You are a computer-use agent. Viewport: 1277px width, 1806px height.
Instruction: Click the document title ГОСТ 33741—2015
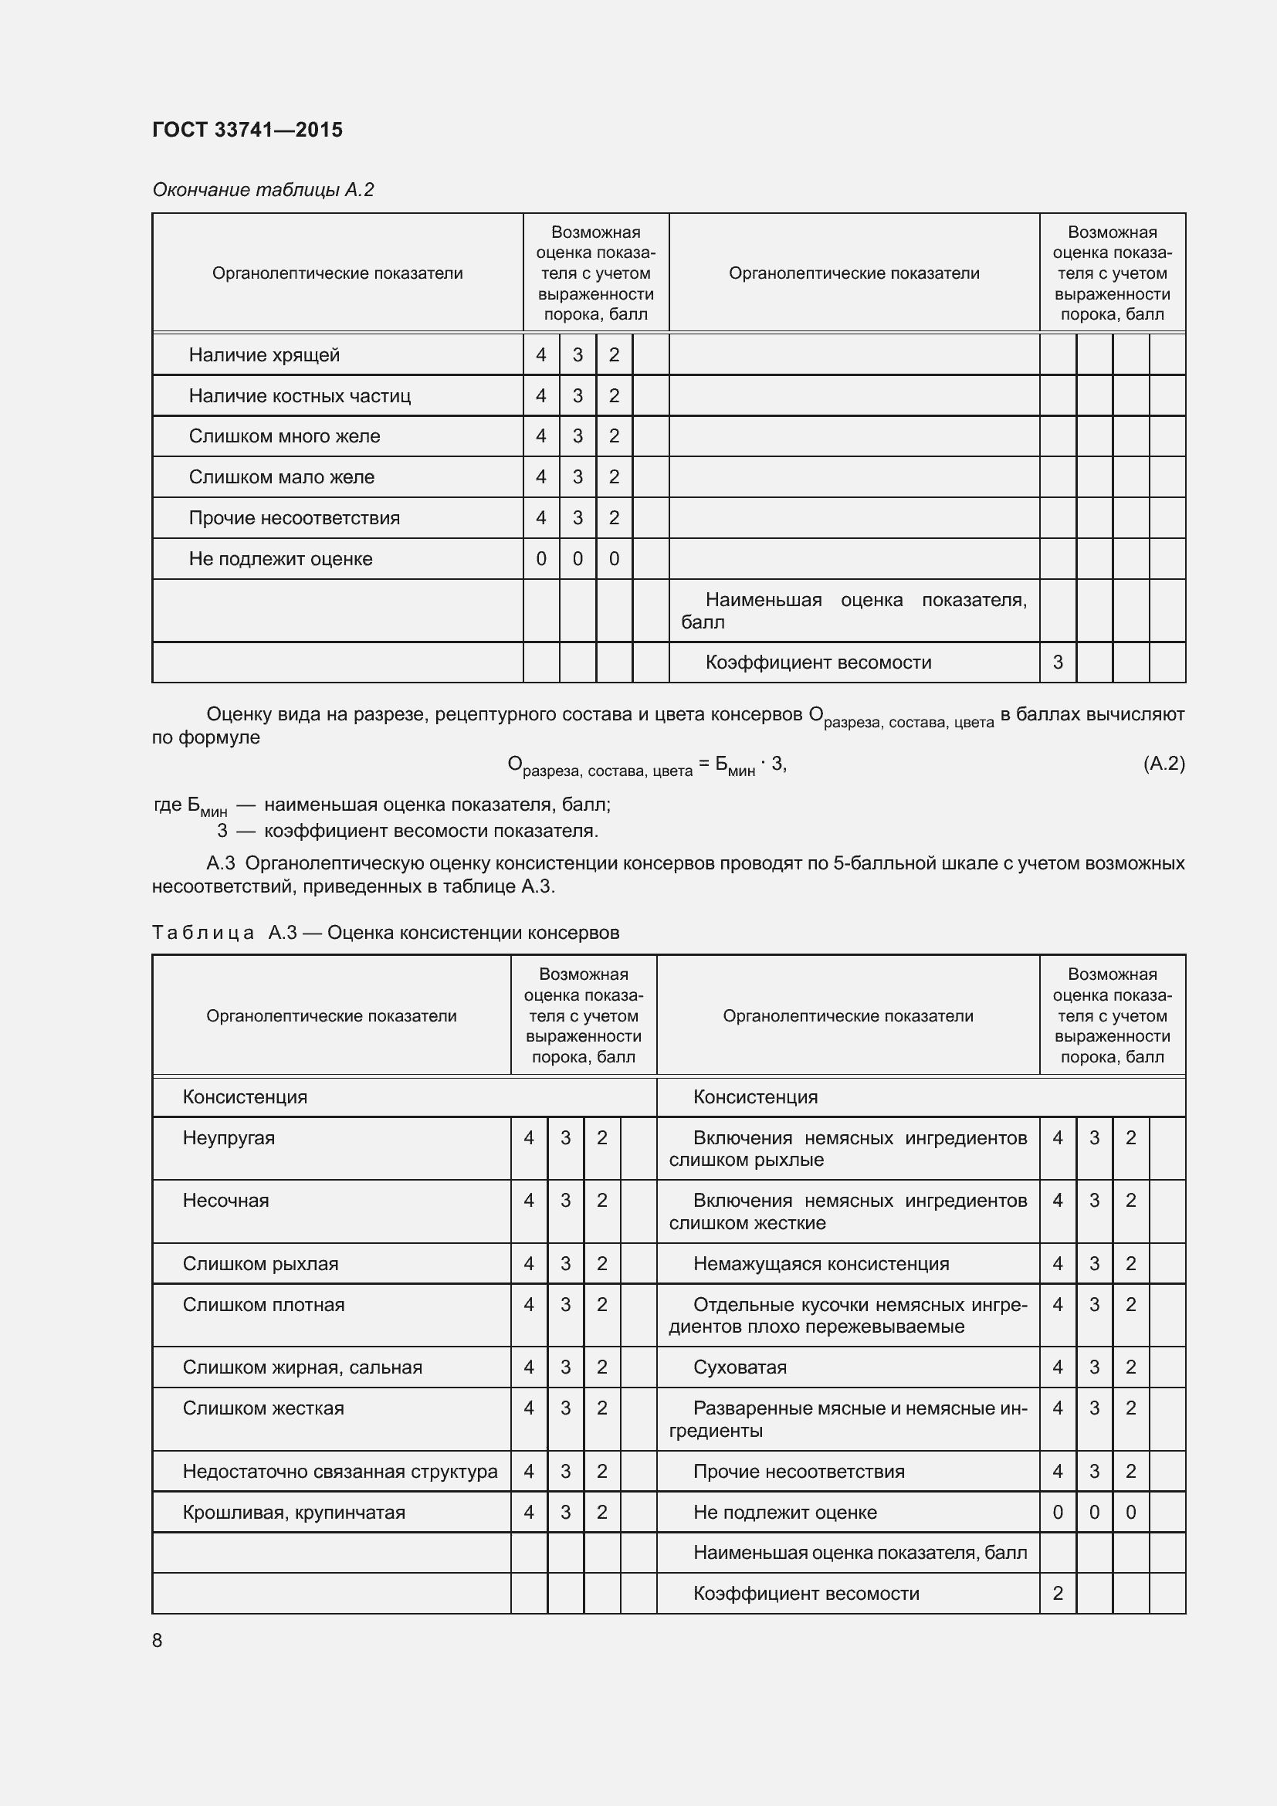[x=247, y=130]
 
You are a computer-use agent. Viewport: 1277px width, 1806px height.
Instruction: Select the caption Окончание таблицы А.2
[x=263, y=190]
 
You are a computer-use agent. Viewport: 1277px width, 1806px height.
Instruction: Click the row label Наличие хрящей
[x=263, y=354]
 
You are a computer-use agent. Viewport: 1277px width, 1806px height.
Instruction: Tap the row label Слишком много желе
[x=284, y=435]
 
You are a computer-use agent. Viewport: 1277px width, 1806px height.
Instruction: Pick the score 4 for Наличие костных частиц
[x=541, y=395]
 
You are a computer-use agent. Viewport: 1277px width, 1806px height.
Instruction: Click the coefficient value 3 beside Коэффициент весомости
[x=1057, y=662]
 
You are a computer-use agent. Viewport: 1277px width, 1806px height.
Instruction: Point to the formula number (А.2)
[x=1163, y=763]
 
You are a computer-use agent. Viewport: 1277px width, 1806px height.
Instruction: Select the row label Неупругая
[x=228, y=1137]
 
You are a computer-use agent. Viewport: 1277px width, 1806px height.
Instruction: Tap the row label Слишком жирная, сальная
[x=302, y=1367]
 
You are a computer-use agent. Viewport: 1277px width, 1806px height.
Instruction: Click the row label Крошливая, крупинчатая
[x=293, y=1512]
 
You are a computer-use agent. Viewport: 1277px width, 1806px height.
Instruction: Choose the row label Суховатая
[x=739, y=1367]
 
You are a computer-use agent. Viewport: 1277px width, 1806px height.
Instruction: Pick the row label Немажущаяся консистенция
[x=820, y=1263]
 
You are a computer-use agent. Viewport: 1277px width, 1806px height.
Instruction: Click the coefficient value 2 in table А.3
[x=1057, y=1593]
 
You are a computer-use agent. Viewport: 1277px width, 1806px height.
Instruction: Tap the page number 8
[x=158, y=1640]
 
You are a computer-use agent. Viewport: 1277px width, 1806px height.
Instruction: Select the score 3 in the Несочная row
[x=564, y=1201]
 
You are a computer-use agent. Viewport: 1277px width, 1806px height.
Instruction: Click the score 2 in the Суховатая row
[x=1130, y=1367]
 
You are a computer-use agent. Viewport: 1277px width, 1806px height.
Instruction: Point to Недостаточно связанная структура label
[x=340, y=1471]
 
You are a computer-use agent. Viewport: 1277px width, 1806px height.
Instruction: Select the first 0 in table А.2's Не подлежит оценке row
[x=541, y=558]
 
